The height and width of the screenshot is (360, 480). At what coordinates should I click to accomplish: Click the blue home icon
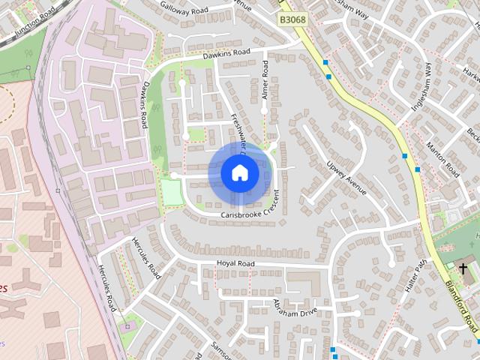239,172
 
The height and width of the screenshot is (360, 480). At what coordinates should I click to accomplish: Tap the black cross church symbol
463,268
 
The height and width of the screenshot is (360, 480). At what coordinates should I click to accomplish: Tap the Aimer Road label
265,78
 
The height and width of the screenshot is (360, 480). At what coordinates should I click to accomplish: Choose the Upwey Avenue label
346,177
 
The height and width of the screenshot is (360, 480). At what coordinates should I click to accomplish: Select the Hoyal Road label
235,264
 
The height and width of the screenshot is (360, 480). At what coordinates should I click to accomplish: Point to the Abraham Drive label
295,307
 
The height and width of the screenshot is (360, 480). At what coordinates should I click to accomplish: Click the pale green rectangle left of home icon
172,193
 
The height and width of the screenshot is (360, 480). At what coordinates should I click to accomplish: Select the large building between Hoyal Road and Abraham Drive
304,283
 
